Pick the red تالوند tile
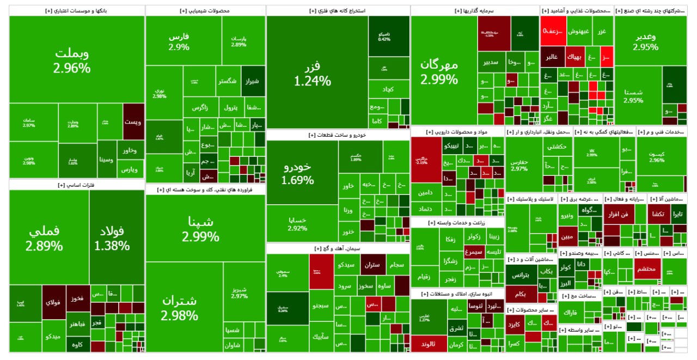coord(429,344)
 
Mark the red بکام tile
coord(520,294)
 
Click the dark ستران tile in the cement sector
coord(372,265)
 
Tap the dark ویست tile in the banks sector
coord(133,121)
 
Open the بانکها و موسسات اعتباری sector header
coord(77,10)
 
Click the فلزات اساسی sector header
coord(77,185)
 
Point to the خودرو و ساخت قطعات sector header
coord(338,135)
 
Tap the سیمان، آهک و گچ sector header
coord(338,248)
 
